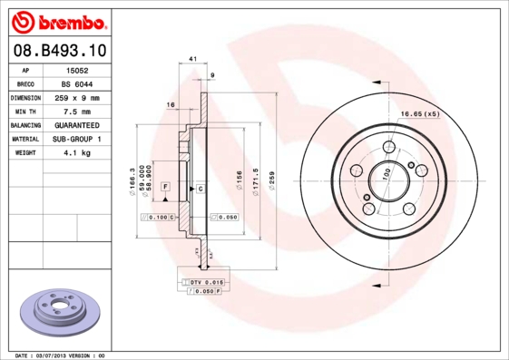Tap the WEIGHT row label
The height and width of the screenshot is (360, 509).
[x=24, y=153]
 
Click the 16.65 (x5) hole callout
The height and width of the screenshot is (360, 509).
[x=420, y=113]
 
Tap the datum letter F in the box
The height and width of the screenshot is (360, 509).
[x=166, y=186]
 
